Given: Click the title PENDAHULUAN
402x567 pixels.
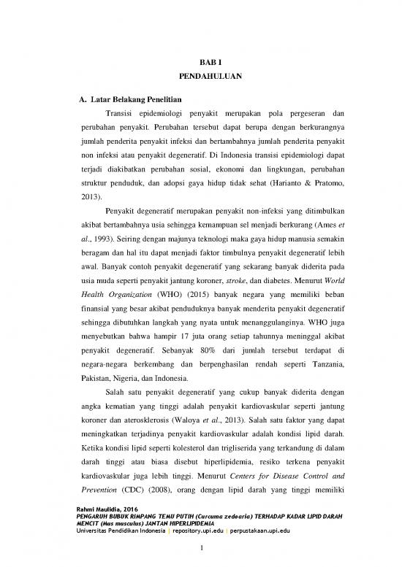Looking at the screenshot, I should [x=200, y=75].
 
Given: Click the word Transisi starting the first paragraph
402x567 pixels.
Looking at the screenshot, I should [x=121, y=114].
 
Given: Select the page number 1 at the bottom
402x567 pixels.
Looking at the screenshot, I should [x=200, y=552].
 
